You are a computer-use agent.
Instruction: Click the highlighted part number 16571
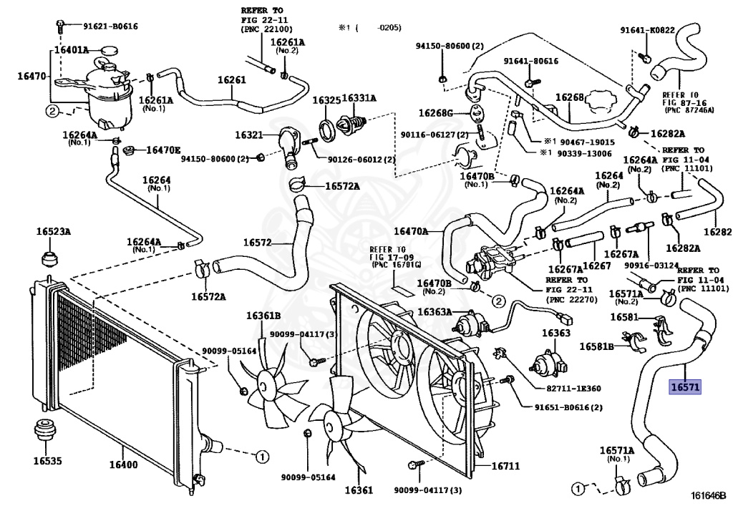[685, 387]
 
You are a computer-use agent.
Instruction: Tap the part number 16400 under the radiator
[123, 464]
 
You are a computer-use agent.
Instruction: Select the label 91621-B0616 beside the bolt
[111, 26]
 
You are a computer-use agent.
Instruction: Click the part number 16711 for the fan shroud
[506, 466]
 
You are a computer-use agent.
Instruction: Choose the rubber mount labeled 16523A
[49, 258]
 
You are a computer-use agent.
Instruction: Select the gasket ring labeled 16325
[327, 130]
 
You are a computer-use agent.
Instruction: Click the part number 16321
[249, 135]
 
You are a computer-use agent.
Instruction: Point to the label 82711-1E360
[573, 388]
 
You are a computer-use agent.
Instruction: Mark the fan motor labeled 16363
[545, 362]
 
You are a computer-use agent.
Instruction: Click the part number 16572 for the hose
[257, 242]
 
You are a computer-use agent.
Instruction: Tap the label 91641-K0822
[647, 30]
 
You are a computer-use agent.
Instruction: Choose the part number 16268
[569, 97]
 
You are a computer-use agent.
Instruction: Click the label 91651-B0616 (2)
[568, 407]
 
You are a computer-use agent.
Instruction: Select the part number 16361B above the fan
[263, 316]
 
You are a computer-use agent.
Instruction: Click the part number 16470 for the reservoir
[31, 75]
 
